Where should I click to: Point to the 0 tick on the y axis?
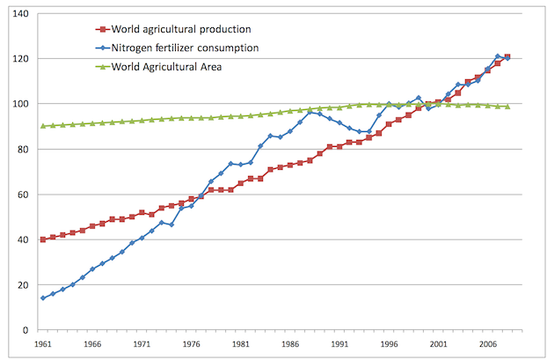26,330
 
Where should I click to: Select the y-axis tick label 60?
23,195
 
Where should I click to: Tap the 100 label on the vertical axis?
19,104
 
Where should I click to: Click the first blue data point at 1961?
42,298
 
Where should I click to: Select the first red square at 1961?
42,239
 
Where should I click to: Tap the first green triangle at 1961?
42,126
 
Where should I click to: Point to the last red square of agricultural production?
507,57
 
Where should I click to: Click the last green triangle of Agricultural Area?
507,107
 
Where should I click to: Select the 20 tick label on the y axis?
23,285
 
